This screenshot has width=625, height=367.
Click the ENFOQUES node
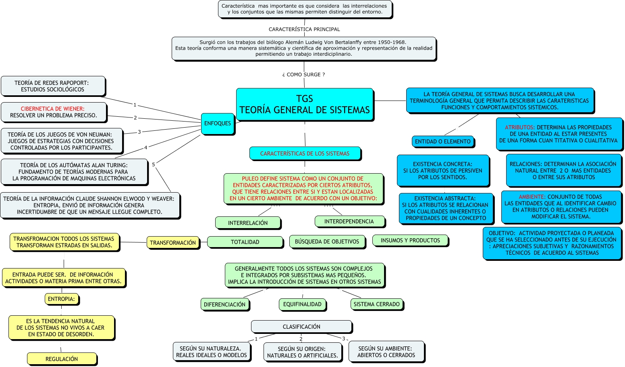tap(218, 124)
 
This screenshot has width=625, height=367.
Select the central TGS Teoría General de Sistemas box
tap(305, 105)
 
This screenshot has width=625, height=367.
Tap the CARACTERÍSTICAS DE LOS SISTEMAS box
tap(305, 153)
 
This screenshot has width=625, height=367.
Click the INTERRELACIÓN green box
tap(248, 223)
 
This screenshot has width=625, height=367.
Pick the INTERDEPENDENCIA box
tap(349, 221)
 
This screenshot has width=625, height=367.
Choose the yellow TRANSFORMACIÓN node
tap(173, 243)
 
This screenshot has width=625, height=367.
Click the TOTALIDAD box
tap(245, 242)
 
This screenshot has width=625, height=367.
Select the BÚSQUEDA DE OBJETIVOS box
tap(327, 241)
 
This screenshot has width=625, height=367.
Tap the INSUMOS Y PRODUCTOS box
tap(410, 240)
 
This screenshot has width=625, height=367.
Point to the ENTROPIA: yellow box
tap(61, 299)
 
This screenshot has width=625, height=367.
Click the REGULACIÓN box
tap(62, 359)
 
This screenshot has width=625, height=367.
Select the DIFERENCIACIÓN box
tap(224, 304)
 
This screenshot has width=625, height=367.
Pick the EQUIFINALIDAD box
tap(302, 304)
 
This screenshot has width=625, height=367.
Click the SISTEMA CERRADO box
tap(376, 304)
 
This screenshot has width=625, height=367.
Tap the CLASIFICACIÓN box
tap(301, 327)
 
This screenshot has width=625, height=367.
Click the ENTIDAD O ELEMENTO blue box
tap(442, 141)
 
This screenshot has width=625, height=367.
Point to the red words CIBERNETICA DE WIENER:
tap(53, 109)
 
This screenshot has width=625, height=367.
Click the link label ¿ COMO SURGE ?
tap(303, 75)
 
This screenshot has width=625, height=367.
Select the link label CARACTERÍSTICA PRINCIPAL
tap(304, 29)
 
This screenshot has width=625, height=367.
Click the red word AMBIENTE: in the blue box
tap(532, 197)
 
